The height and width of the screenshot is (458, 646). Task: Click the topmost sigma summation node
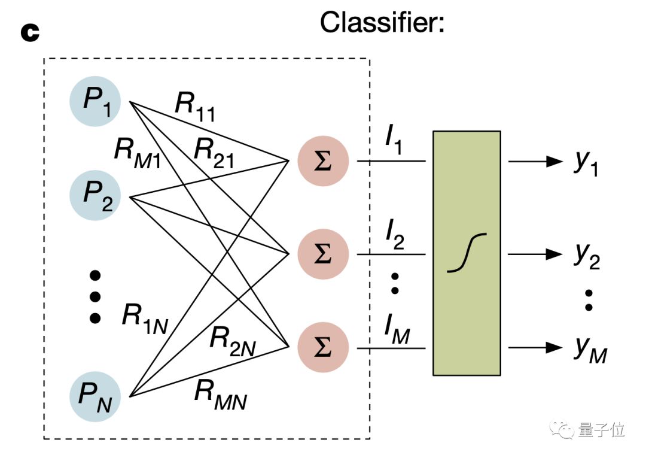click(x=323, y=161)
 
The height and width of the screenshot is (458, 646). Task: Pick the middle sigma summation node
click(x=323, y=254)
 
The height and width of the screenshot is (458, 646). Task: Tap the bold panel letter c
click(x=29, y=32)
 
